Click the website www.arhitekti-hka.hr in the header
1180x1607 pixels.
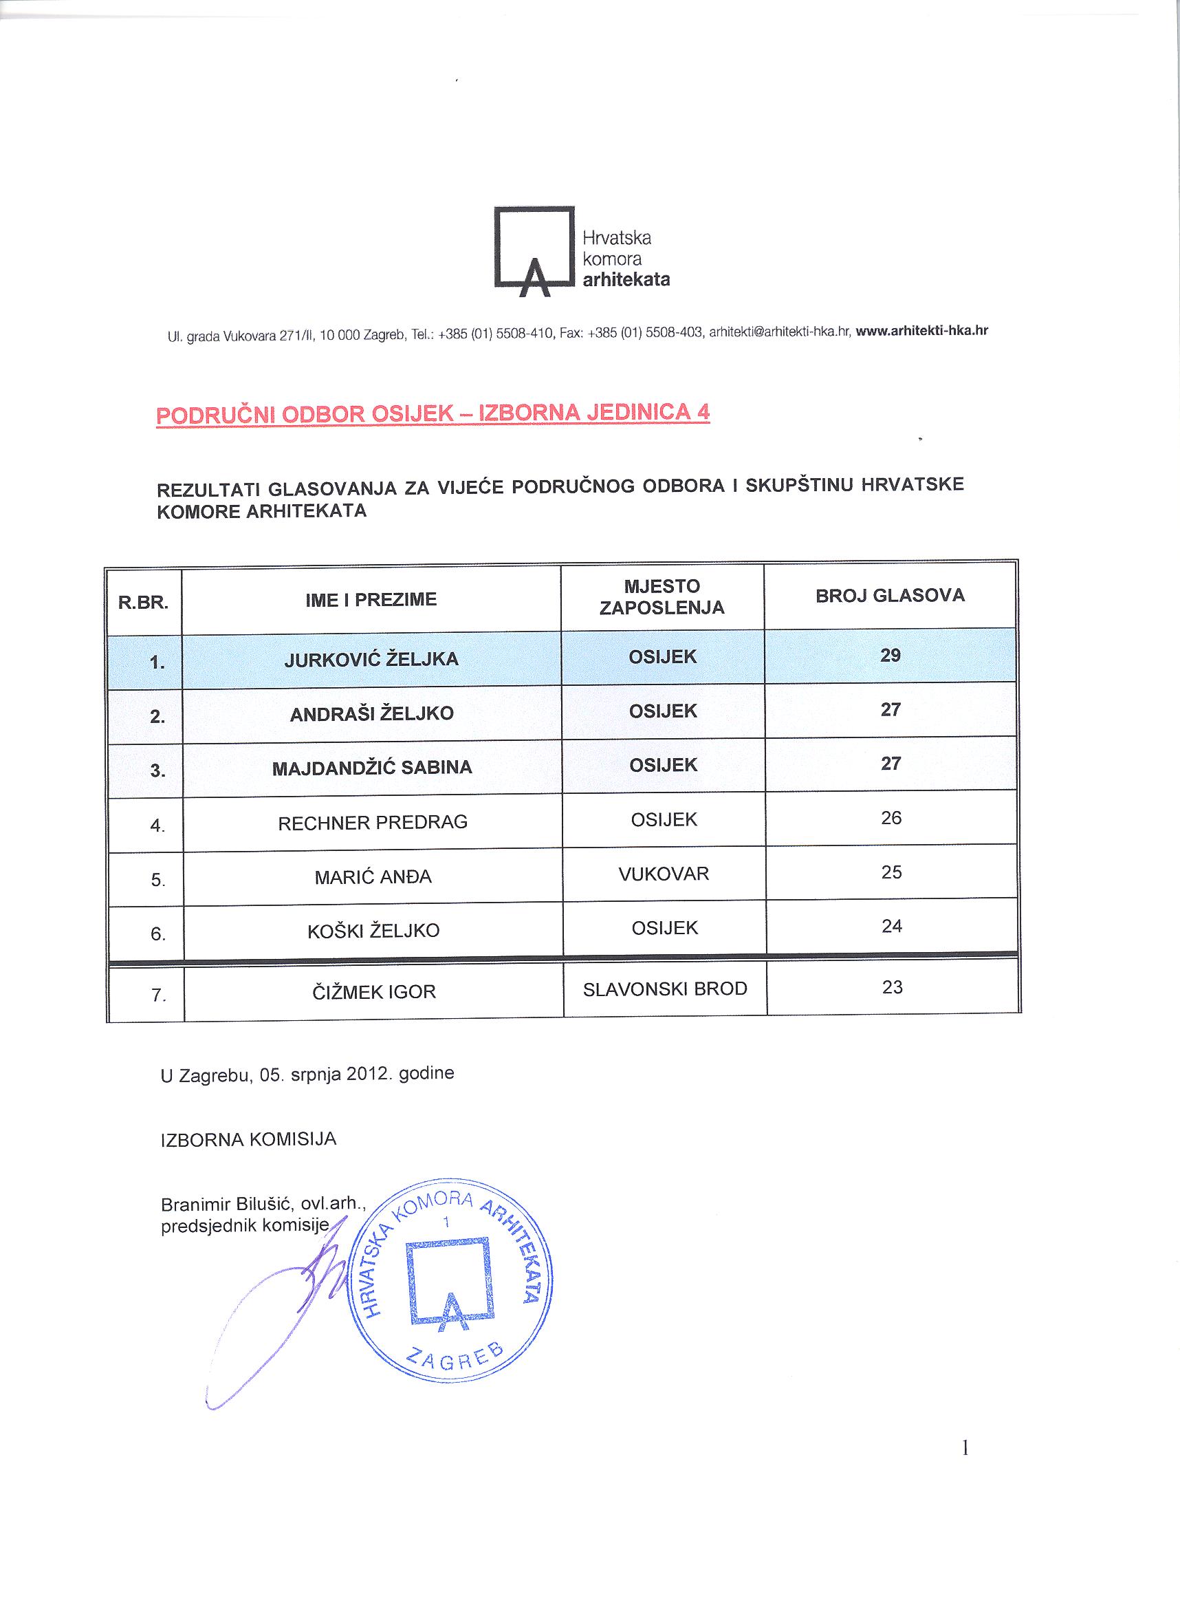pyautogui.click(x=921, y=331)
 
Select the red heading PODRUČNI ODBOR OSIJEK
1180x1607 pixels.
pyautogui.click(x=433, y=414)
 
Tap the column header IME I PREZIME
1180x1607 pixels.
pyautogui.click(x=371, y=600)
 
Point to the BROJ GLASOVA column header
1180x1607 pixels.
pyautogui.click(x=890, y=596)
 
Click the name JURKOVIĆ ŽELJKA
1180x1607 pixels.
pyautogui.click(x=371, y=659)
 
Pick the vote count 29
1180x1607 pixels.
pyautogui.click(x=890, y=655)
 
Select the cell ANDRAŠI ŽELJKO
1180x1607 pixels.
pyautogui.click(x=371, y=714)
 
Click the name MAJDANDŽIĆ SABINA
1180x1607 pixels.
pyautogui.click(x=372, y=768)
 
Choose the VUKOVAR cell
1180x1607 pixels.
pyautogui.click(x=664, y=874)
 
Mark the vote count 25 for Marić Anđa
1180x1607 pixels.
pyautogui.click(x=891, y=872)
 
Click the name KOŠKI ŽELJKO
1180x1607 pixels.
pyautogui.click(x=373, y=931)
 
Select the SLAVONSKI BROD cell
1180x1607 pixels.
pyautogui.click(x=665, y=989)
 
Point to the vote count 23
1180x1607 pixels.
pyautogui.click(x=892, y=987)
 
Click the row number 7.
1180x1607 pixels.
pyautogui.click(x=159, y=995)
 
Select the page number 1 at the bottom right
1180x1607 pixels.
pyautogui.click(x=965, y=1449)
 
